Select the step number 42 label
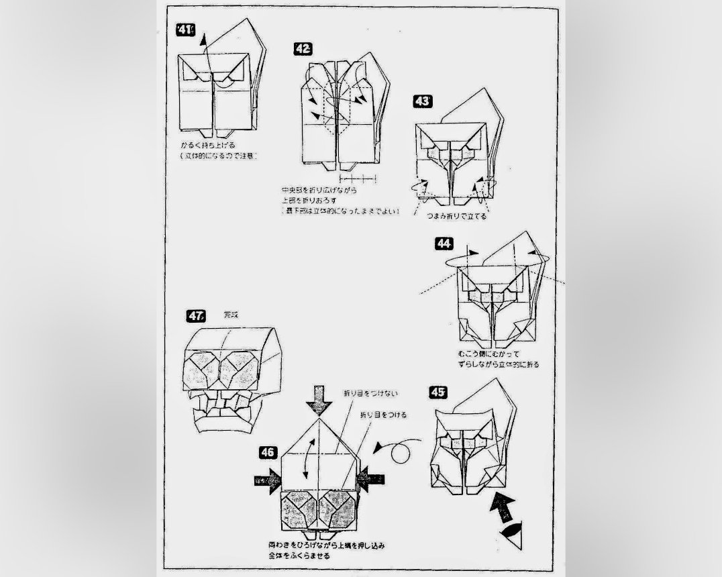[x=302, y=48]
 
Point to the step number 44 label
[x=444, y=243]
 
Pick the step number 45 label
[x=437, y=392]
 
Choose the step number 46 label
[x=267, y=452]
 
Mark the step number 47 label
[x=197, y=315]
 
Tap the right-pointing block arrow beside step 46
[x=268, y=480]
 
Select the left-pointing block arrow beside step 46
[x=370, y=478]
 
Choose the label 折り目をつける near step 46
[x=384, y=415]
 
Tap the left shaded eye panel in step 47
[x=206, y=368]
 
